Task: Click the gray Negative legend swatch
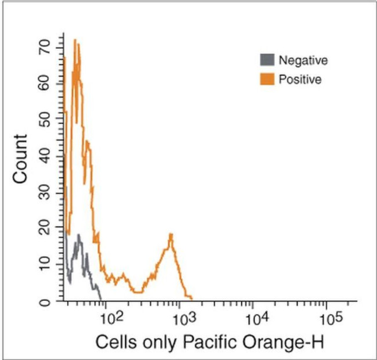(x=266, y=60)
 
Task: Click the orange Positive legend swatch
(x=266, y=79)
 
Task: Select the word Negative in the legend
(x=303, y=60)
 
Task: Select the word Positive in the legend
(x=300, y=80)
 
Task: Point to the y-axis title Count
(x=21, y=159)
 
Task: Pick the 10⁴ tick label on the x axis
(x=255, y=318)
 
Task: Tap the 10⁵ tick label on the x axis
(x=329, y=318)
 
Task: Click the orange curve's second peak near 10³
(x=171, y=235)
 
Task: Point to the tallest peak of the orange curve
(x=75, y=41)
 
